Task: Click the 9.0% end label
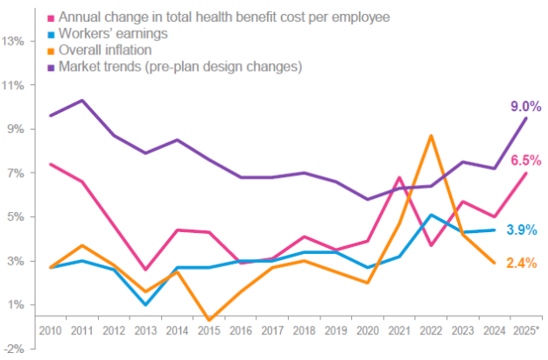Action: click(x=525, y=107)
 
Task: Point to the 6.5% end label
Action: click(x=525, y=160)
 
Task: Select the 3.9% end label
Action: click(x=523, y=229)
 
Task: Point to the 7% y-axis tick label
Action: click(x=16, y=173)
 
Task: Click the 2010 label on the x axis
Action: click(x=50, y=331)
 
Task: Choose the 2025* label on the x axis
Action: click(x=526, y=331)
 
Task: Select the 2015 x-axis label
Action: click(x=208, y=331)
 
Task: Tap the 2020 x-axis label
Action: click(x=367, y=331)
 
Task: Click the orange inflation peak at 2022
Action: click(x=431, y=136)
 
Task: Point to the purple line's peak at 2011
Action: click(x=81, y=100)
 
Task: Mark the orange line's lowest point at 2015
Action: click(x=208, y=320)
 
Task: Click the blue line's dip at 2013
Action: click(x=145, y=304)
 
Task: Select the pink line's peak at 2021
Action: click(x=399, y=178)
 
